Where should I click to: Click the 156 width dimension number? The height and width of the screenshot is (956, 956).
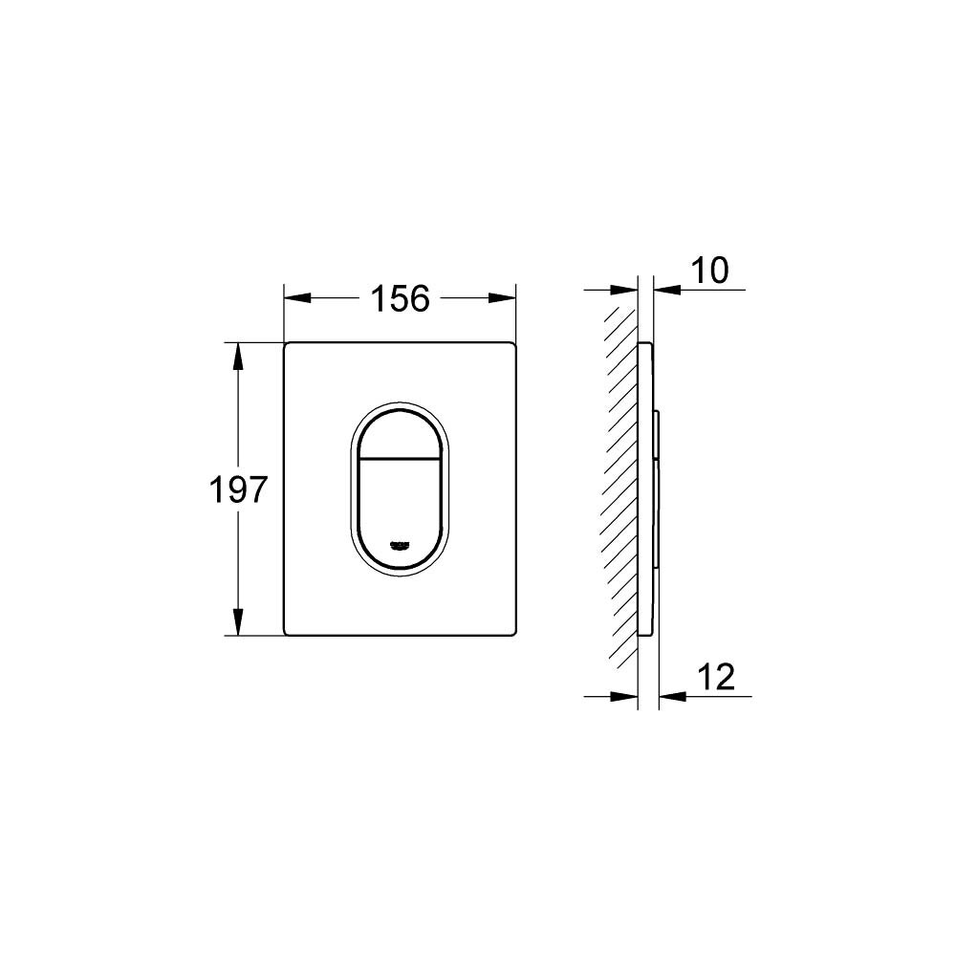(400, 298)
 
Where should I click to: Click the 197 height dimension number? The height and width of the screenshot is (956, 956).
(238, 490)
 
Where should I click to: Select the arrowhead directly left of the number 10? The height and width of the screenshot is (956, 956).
(666, 289)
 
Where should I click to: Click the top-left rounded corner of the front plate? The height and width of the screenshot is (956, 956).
(288, 345)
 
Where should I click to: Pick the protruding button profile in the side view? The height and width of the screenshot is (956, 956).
(658, 488)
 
